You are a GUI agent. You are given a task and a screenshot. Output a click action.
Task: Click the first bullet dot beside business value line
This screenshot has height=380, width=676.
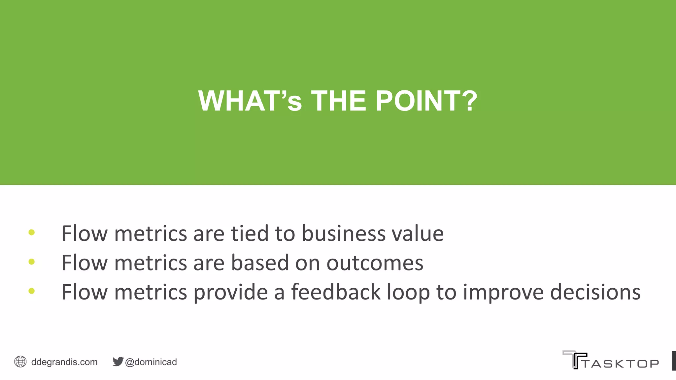point(32,233)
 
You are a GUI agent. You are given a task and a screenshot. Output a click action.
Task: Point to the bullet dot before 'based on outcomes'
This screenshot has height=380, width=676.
point(32,262)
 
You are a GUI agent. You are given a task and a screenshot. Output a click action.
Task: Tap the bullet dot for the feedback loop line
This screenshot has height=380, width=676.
point(32,291)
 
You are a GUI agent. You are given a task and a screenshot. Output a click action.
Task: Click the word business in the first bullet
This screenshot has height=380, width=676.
point(344,234)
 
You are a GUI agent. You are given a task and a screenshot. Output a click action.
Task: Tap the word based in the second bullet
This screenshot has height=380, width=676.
point(259,263)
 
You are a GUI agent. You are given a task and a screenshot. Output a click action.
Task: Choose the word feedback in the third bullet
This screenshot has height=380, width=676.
point(336,292)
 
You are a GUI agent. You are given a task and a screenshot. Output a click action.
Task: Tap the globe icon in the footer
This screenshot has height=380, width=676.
point(20,362)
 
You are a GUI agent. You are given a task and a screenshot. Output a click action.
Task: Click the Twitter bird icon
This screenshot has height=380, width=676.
point(118,362)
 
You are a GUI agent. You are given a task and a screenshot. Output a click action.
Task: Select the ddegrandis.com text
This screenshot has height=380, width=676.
point(64,362)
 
